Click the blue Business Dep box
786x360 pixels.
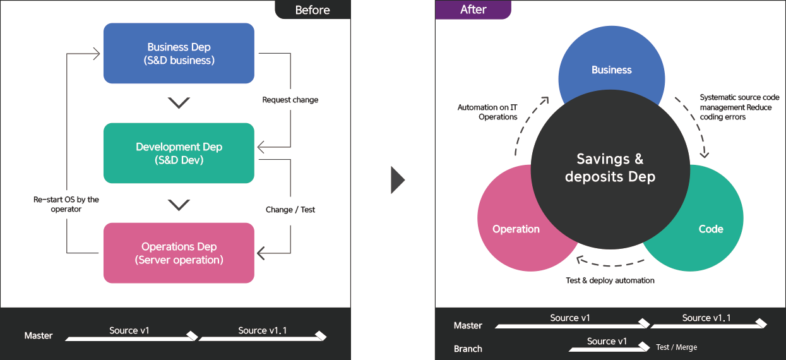coord(179,53)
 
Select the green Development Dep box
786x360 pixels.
coord(179,153)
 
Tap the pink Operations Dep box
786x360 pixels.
coord(179,253)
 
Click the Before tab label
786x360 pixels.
coord(313,10)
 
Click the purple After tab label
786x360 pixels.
coord(473,9)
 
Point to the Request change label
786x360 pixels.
coord(290,100)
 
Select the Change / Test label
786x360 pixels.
coord(290,210)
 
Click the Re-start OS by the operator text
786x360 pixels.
coord(66,204)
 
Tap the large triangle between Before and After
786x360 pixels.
coord(398,180)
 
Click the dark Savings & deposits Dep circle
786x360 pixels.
coord(610,169)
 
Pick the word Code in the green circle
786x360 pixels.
coord(711,229)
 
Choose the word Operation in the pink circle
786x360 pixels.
coord(516,229)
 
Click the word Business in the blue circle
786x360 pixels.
coord(612,70)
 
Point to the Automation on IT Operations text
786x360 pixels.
coord(487,112)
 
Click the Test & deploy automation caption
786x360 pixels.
coord(610,280)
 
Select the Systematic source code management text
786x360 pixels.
coord(739,102)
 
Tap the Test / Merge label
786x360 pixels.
coord(677,347)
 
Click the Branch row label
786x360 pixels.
coord(468,349)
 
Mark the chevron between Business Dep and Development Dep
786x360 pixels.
coord(179,103)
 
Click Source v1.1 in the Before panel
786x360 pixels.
coord(263,330)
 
